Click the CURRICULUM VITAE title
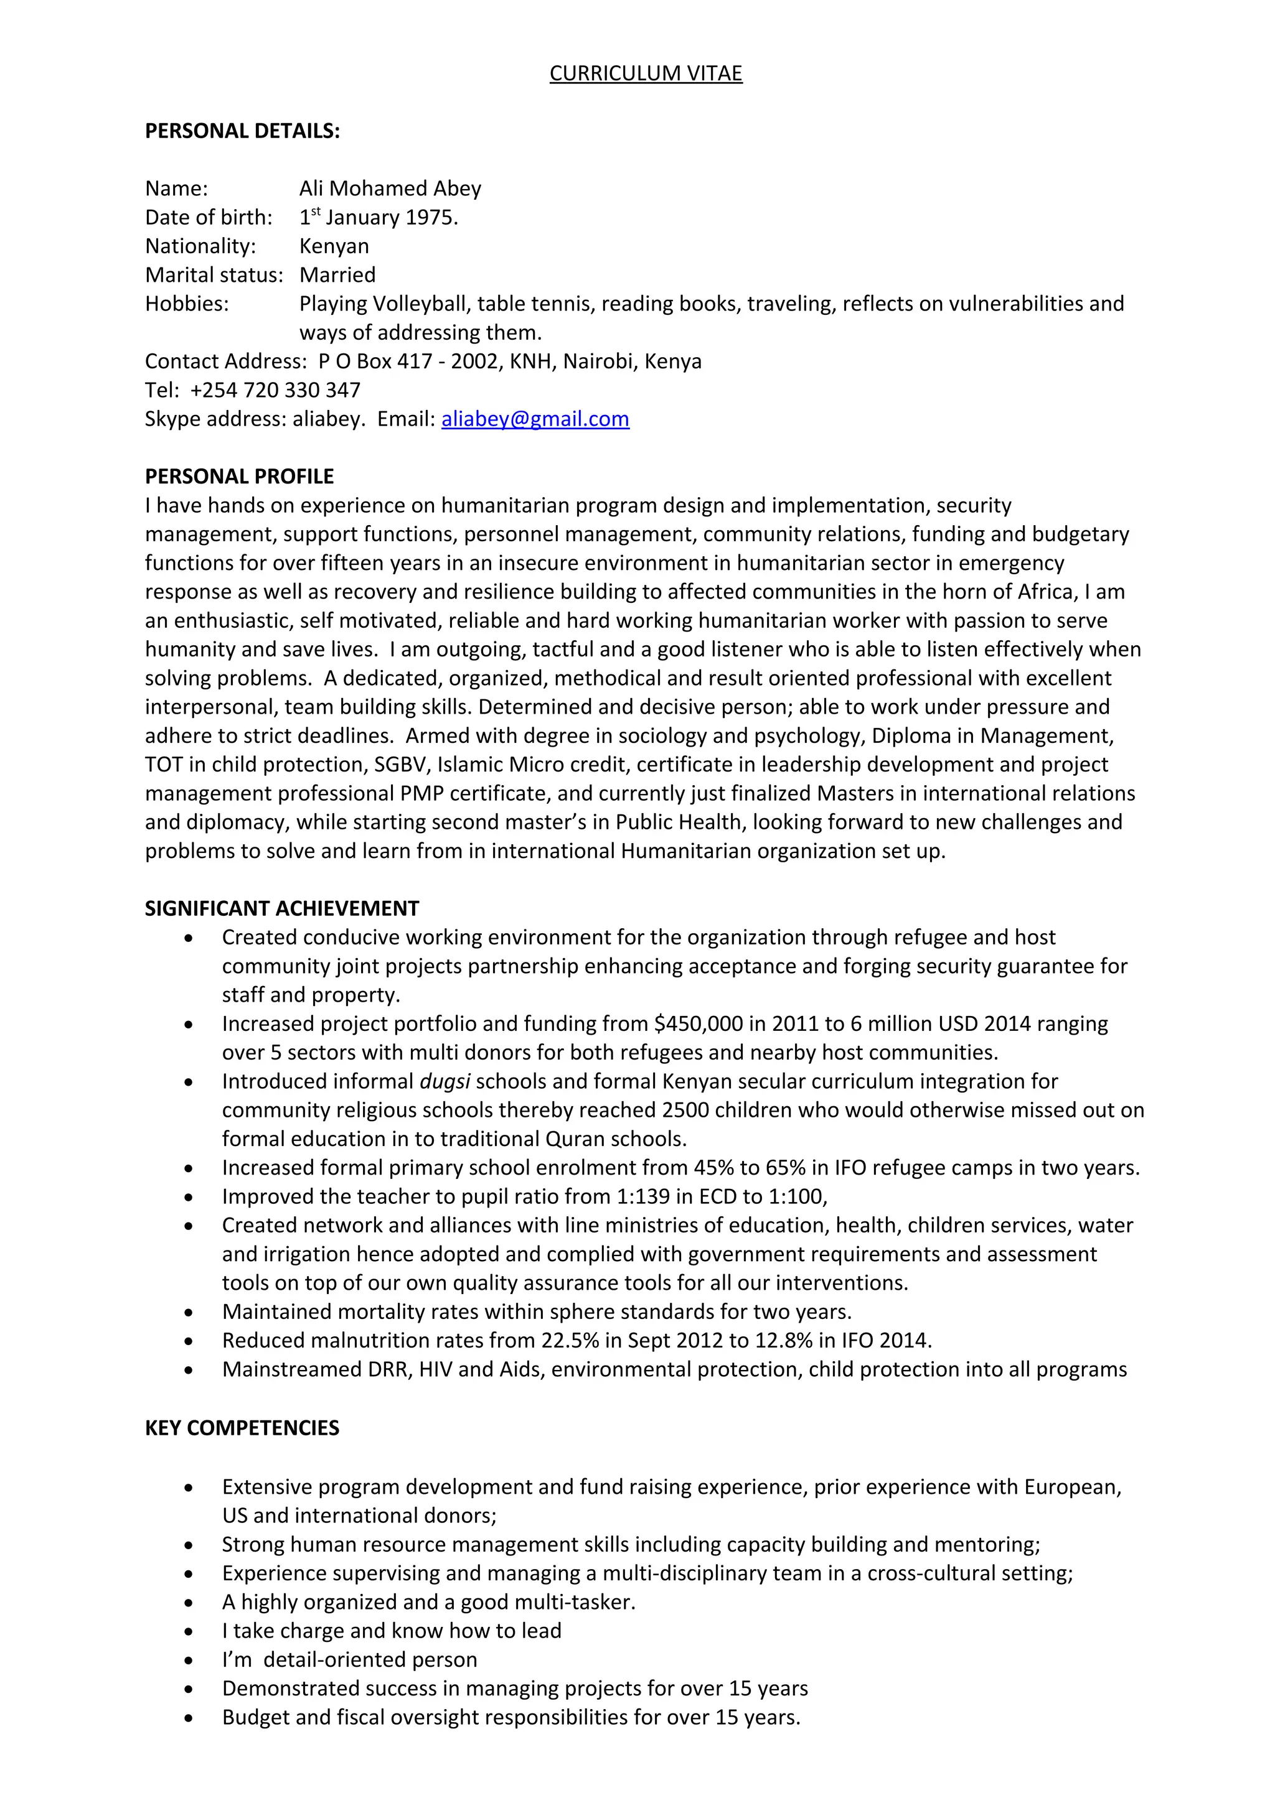[x=645, y=73]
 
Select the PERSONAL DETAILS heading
[x=242, y=131]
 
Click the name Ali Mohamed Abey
[x=390, y=189]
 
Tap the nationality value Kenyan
[x=334, y=246]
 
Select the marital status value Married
[x=337, y=275]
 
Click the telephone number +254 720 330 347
[x=275, y=390]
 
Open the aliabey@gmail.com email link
[x=535, y=419]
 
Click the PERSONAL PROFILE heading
[x=239, y=477]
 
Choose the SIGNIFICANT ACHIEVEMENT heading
[x=281, y=908]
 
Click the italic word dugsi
[x=445, y=1081]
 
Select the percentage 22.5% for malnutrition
[x=576, y=1341]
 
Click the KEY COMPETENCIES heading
[x=242, y=1428]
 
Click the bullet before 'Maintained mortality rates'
[x=189, y=1312]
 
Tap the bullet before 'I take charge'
[x=189, y=1631]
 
